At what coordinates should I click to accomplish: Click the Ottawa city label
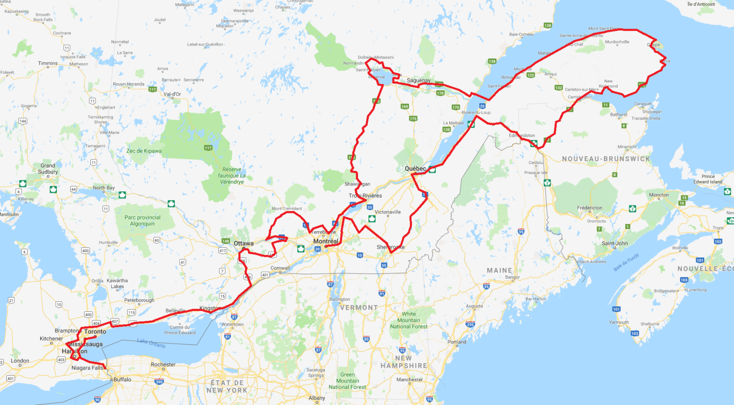click(x=244, y=244)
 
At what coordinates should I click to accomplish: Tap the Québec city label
click(x=415, y=169)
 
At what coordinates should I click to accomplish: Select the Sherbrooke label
click(x=390, y=247)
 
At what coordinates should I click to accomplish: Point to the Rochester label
click(x=163, y=364)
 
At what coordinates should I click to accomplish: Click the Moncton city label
click(x=658, y=195)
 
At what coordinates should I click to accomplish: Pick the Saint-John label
click(x=615, y=244)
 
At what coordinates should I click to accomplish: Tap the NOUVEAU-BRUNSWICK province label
click(x=606, y=159)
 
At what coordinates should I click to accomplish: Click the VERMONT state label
click(x=359, y=308)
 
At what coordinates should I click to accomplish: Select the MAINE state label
click(x=499, y=270)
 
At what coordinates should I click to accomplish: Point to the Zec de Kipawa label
click(x=144, y=151)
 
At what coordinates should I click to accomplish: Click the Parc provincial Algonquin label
click(x=142, y=221)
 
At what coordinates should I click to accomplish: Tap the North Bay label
click(x=104, y=188)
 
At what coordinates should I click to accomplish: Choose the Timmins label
click(x=48, y=63)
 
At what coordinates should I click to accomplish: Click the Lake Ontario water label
click(x=151, y=343)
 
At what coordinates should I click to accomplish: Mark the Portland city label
click(x=457, y=342)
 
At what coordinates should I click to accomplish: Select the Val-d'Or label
click(x=172, y=94)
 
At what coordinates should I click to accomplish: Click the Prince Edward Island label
click(x=708, y=179)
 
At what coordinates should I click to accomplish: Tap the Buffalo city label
click(x=122, y=380)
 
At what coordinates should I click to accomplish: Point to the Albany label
click(x=317, y=398)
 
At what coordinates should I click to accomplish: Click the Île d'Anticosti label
click(x=701, y=4)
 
